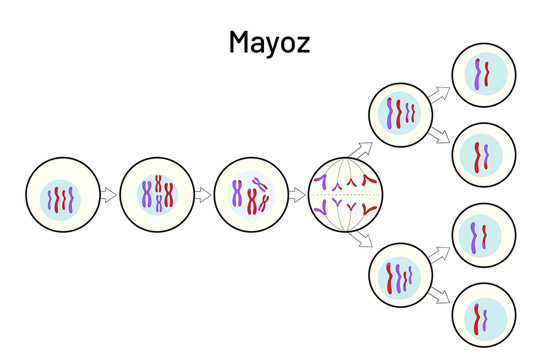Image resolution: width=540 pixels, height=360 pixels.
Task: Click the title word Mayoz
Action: pos(269,43)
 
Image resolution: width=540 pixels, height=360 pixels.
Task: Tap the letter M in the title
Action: pos(240,41)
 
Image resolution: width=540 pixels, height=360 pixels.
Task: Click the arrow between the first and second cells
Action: pos(108,194)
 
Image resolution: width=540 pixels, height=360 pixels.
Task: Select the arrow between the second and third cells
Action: pos(203,194)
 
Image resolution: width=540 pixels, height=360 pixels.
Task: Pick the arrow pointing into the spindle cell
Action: pos(297,194)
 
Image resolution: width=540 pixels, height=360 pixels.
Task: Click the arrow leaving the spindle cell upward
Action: pos(360,150)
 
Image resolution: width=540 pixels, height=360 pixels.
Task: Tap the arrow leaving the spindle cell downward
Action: pos(360,239)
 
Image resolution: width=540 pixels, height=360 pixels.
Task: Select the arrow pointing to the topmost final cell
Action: pos(440,95)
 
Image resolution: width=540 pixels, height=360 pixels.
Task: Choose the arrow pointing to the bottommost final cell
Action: pos(440,295)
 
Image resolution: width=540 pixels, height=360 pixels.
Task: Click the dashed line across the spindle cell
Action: pos(346,195)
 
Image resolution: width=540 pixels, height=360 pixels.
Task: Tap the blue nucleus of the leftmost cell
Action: pos(60,200)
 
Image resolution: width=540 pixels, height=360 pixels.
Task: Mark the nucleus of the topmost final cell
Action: pos(486,74)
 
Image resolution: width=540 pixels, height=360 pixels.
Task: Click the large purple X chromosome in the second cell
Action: pos(147,194)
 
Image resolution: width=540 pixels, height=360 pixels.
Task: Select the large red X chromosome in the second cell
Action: pos(169,194)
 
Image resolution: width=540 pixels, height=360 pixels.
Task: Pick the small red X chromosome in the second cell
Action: pos(158,183)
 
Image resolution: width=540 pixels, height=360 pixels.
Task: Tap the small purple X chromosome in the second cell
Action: pos(159,203)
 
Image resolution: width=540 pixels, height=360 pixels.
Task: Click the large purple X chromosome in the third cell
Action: pos(236,193)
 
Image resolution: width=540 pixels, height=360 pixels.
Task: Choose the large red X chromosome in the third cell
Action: pos(252,202)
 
